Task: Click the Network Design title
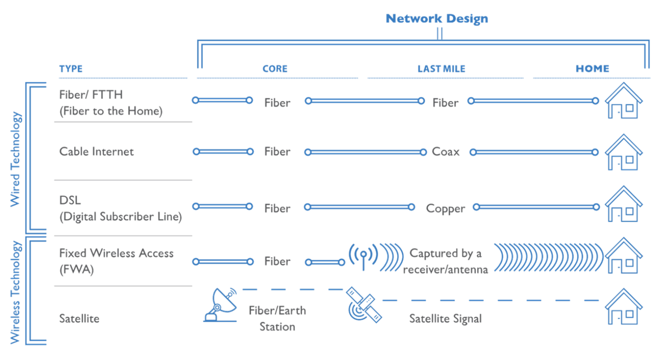point(437,19)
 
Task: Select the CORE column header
point(275,69)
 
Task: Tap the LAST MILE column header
point(442,69)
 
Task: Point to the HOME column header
point(592,69)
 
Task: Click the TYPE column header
point(71,69)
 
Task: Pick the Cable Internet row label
point(97,152)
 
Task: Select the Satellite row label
point(79,318)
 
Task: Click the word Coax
point(446,152)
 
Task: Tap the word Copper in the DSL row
point(446,208)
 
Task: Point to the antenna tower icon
point(363,257)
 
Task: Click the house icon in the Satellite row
point(624,307)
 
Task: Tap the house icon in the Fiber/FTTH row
point(624,101)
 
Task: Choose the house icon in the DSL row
point(624,204)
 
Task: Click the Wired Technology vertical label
point(16,159)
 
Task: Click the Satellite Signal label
point(445,318)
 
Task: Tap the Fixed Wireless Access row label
point(116,261)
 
